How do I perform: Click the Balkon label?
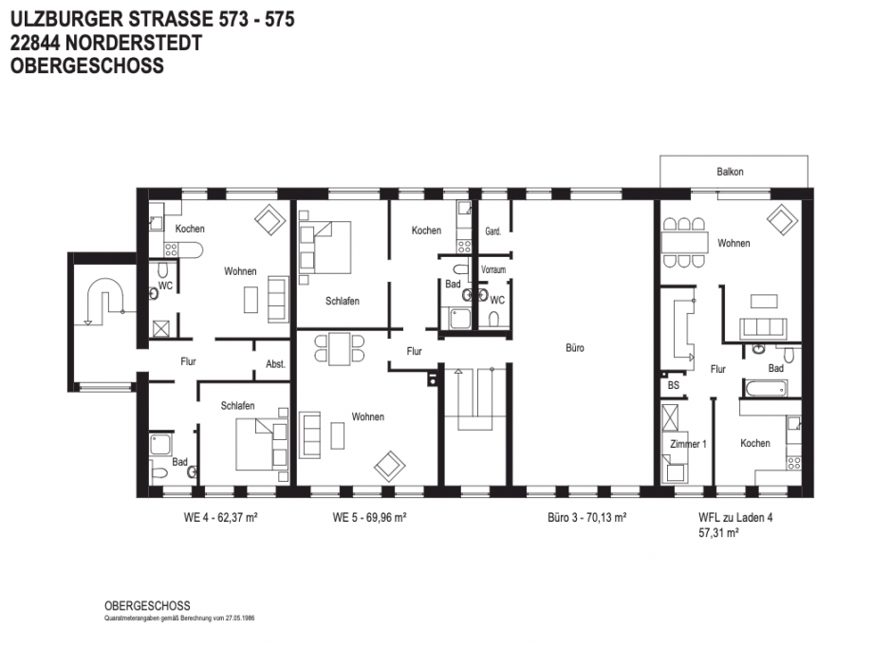(730, 172)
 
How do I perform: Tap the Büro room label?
(575, 348)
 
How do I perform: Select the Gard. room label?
(492, 231)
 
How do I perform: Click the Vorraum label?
(493, 269)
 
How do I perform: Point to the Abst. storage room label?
(275, 364)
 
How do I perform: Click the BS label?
(673, 385)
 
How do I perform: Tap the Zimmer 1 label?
(688, 444)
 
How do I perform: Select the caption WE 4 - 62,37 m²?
(220, 518)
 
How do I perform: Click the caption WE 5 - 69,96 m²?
(369, 518)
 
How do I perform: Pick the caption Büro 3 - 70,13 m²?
(586, 518)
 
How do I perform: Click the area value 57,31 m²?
(718, 533)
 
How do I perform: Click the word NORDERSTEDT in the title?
(133, 43)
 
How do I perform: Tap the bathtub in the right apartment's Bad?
(766, 388)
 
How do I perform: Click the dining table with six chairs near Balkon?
(684, 243)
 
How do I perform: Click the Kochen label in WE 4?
(190, 229)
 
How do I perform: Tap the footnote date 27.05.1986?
(240, 618)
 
